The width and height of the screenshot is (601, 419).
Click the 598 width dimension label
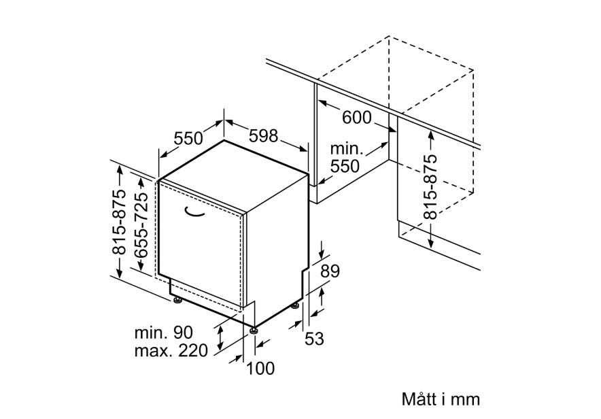click(263, 135)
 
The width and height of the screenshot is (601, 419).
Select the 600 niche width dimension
click(356, 117)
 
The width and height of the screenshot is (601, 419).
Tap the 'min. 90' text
click(164, 333)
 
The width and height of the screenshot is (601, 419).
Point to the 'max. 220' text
click(171, 350)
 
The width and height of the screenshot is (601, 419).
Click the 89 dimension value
click(330, 271)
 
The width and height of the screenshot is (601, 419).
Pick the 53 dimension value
click(314, 339)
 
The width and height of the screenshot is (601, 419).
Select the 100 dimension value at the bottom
click(260, 369)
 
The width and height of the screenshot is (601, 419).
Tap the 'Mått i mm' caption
click(441, 399)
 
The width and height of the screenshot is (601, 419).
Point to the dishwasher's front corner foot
click(254, 330)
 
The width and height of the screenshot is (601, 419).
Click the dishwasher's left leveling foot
click(177, 300)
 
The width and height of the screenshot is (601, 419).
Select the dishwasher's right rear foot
click(295, 306)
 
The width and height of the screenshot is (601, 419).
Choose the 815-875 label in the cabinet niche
click(430, 186)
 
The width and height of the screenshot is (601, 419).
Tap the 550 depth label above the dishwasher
click(188, 138)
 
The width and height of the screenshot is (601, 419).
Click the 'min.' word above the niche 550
click(346, 149)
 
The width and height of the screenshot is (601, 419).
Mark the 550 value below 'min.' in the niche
click(345, 167)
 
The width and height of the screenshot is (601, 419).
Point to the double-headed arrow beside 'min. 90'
click(220, 337)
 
